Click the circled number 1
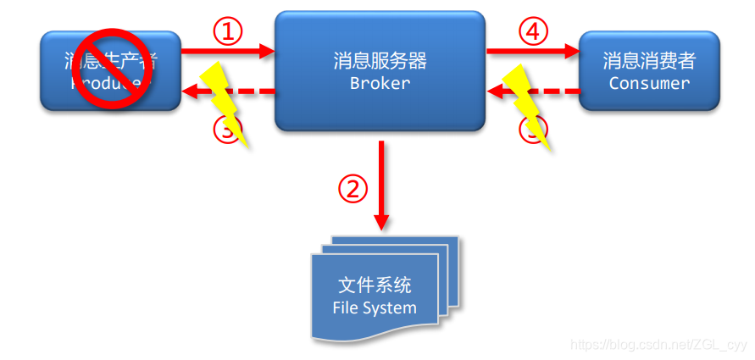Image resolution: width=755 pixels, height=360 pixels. point(227,32)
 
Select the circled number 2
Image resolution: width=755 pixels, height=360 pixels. point(353,188)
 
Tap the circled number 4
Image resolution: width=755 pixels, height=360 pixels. point(532,32)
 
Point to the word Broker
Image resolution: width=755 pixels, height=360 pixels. point(380,83)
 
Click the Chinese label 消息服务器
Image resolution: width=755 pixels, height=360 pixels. point(380,61)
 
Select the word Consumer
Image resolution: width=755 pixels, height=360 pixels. point(649,83)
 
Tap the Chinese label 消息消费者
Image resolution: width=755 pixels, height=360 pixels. point(649,61)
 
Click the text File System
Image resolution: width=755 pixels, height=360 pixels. point(375,307)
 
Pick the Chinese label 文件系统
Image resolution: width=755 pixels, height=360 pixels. point(375,285)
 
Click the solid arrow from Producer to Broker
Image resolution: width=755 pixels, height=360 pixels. point(229,52)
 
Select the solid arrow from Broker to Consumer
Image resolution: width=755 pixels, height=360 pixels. point(532,52)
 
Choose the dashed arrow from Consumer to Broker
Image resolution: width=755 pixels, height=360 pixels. point(555,91)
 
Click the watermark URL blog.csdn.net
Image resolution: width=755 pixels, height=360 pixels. point(659,345)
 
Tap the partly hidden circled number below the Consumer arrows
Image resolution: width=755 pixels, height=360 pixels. point(532,131)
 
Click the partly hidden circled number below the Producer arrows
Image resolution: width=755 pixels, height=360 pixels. point(227,131)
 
